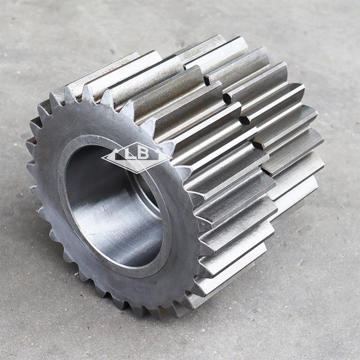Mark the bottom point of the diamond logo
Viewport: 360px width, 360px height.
(137, 172)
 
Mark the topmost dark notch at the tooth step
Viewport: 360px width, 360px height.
(207, 79)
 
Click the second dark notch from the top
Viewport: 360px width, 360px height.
(227, 96)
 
